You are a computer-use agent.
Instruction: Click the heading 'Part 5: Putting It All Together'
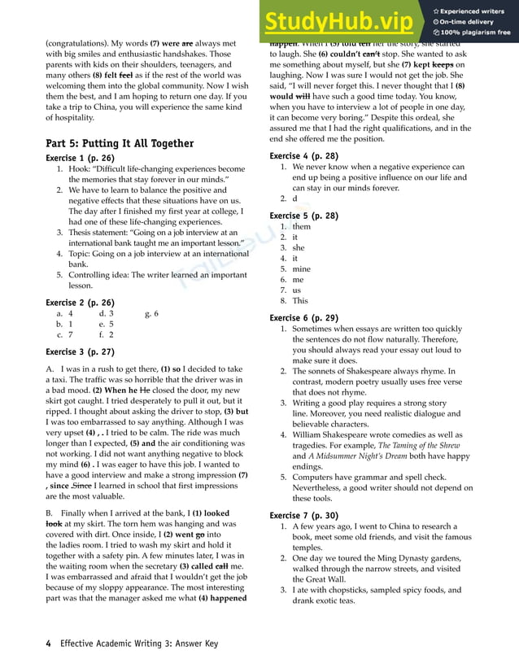[120, 143]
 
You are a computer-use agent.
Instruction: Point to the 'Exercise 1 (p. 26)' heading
[80, 158]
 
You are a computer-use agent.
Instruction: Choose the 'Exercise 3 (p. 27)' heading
[80, 352]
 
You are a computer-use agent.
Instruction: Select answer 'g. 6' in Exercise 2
[151, 313]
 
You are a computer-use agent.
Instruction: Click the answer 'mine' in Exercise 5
[301, 268]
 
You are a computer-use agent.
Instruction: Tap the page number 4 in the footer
[48, 644]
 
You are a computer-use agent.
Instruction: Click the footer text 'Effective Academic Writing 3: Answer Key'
[142, 644]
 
